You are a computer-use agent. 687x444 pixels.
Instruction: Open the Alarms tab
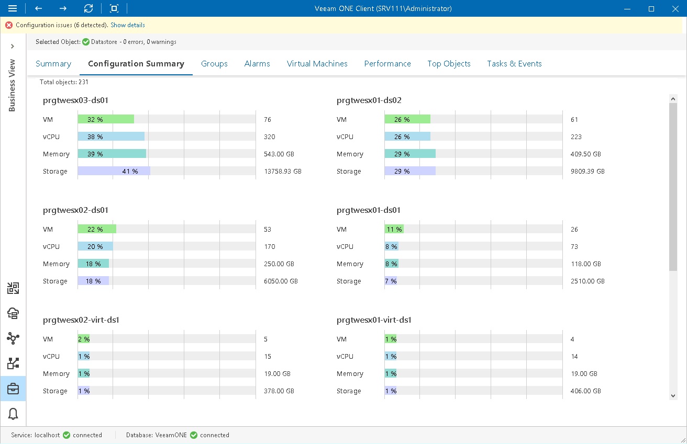tap(257, 64)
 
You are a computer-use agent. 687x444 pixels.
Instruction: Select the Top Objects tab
tap(449, 64)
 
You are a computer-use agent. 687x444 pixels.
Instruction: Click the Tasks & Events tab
tap(514, 64)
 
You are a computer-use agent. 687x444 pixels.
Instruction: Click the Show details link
tap(128, 25)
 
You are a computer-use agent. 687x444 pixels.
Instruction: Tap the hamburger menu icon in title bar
tap(13, 8)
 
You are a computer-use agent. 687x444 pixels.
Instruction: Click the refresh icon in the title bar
tap(88, 8)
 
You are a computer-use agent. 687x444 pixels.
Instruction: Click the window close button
tap(675, 8)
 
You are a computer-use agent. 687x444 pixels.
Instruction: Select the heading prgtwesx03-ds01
tap(75, 100)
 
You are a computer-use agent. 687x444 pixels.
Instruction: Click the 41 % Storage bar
tap(114, 172)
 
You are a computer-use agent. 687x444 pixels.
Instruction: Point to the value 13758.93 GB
tap(283, 172)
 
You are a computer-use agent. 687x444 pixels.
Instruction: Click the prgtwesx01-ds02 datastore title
tap(369, 100)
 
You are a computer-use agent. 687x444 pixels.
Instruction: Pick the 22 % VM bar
tap(97, 229)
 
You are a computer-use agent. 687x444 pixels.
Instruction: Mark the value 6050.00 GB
tap(281, 281)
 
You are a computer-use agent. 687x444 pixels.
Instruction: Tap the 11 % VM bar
tap(394, 229)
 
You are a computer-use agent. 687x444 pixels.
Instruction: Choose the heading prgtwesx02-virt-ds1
tap(81, 320)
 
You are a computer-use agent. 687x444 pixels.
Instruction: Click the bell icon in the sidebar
tap(13, 414)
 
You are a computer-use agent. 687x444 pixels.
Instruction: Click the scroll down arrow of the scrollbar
tap(673, 396)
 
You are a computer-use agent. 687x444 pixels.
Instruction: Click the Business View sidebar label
tap(12, 85)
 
